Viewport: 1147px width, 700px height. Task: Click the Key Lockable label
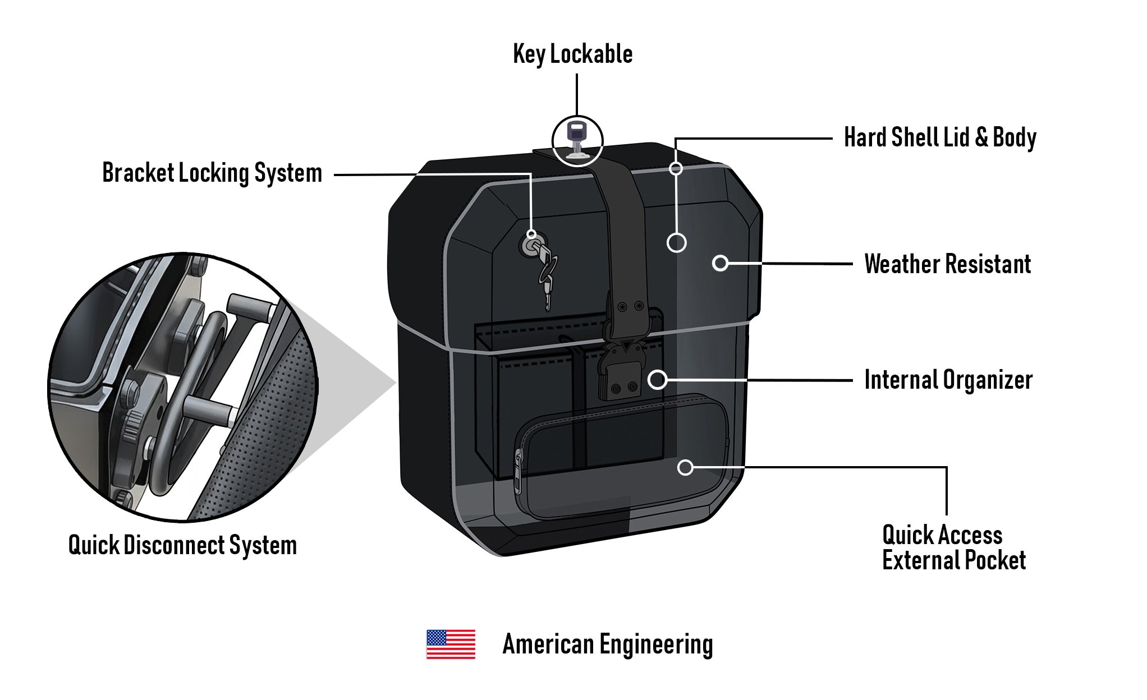point(572,54)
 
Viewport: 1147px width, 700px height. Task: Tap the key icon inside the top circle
point(577,140)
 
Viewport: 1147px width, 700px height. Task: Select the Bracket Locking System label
point(212,173)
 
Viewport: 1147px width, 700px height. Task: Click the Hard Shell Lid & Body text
point(940,137)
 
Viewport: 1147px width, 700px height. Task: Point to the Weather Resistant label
point(947,264)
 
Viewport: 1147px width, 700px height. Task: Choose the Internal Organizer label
point(948,380)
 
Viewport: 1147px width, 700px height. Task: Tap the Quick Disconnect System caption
point(182,545)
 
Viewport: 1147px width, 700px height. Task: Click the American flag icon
point(451,644)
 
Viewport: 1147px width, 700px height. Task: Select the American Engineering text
point(607,644)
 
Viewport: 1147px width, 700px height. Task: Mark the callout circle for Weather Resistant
point(720,262)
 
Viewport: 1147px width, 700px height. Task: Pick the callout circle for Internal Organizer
point(657,380)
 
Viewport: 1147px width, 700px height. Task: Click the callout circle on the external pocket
point(685,467)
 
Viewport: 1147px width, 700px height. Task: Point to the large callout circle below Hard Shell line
point(676,243)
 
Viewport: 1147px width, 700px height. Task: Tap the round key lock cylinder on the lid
point(530,246)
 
